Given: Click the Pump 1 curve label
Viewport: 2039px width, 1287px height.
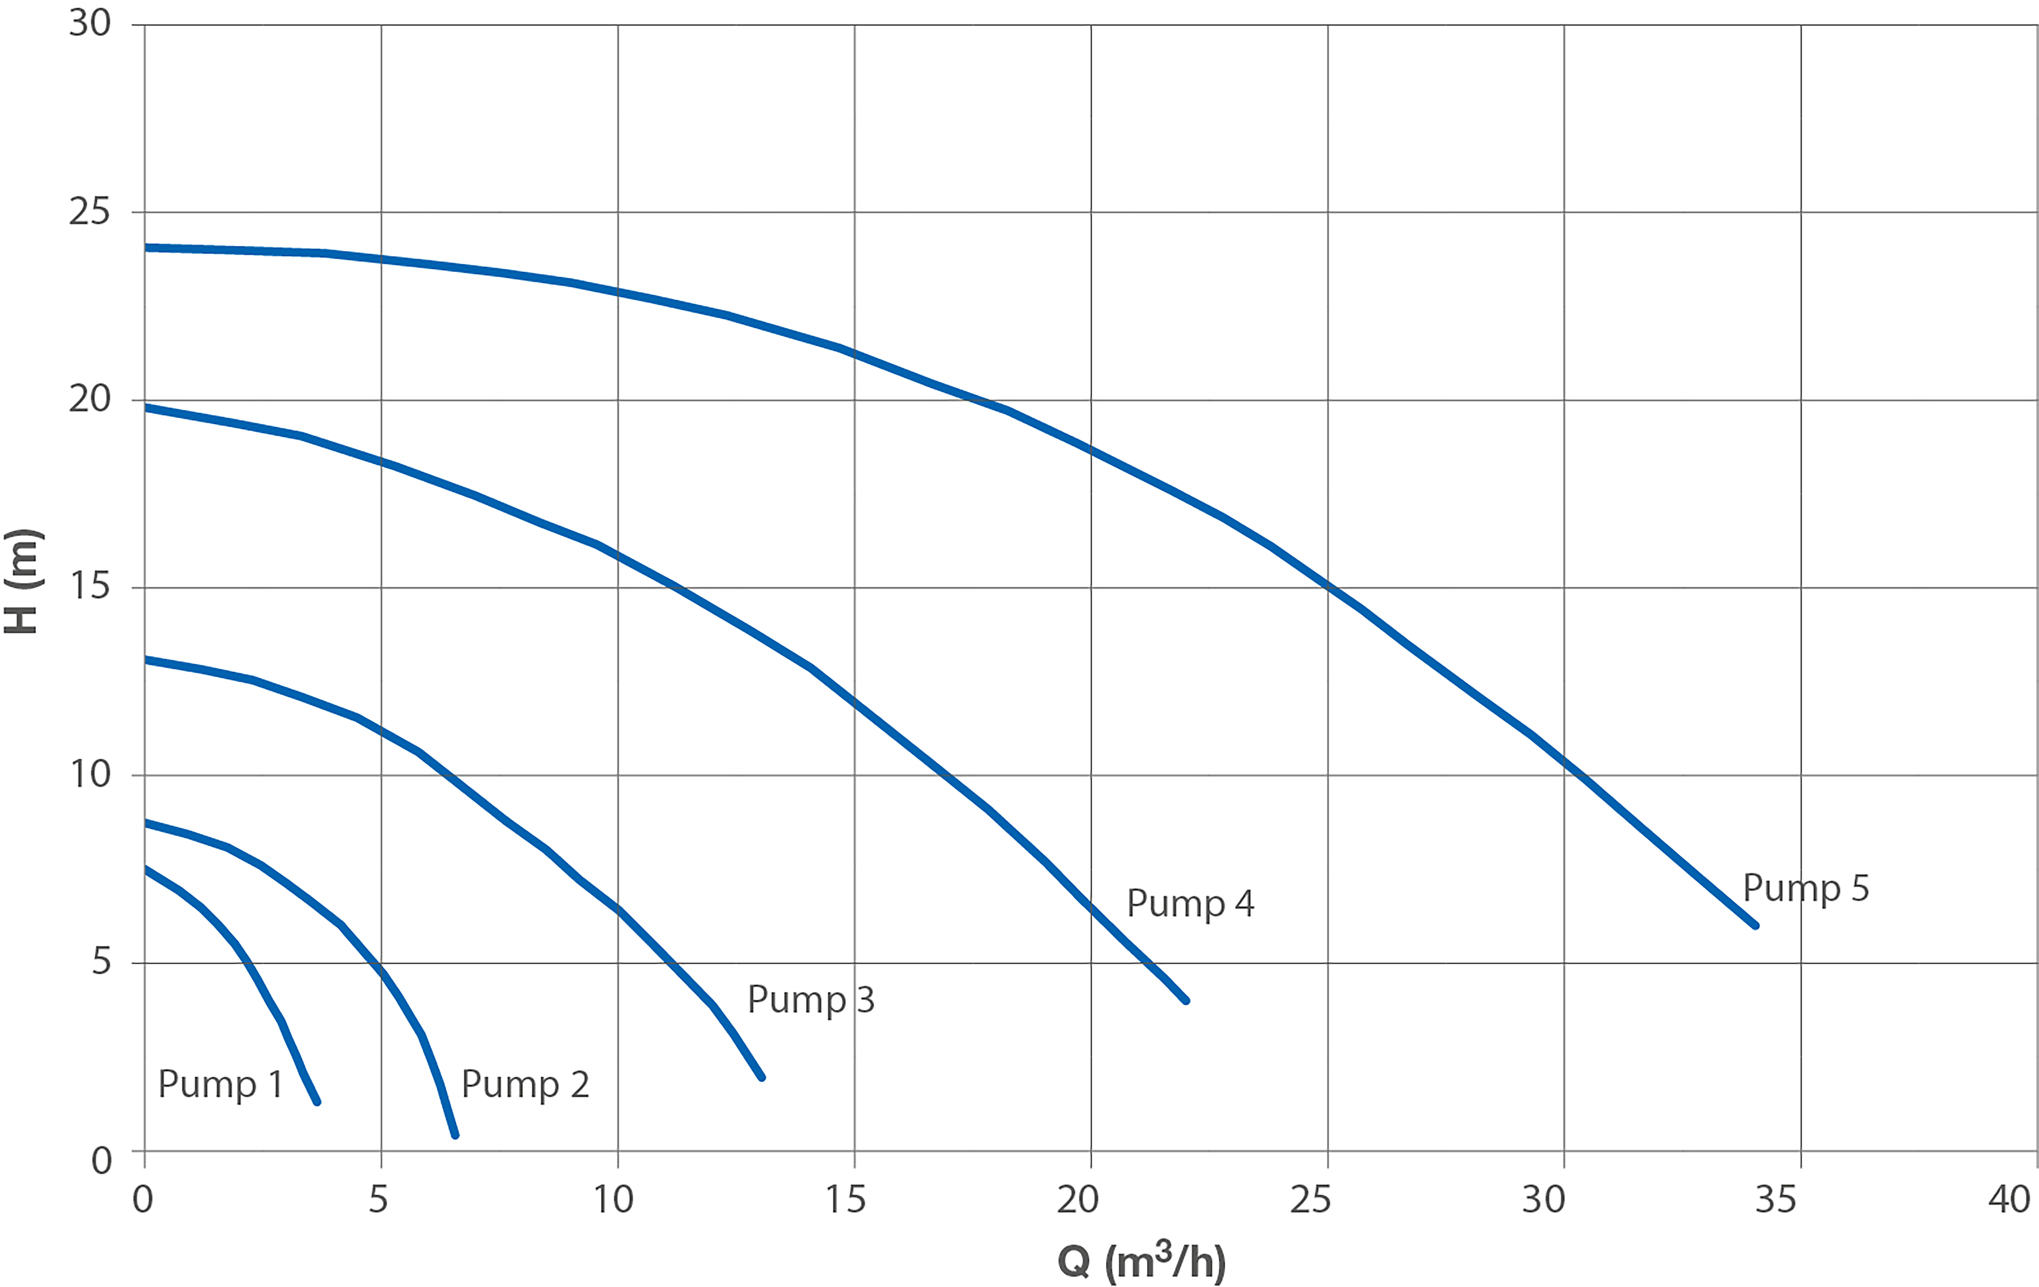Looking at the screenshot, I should coord(220,1085).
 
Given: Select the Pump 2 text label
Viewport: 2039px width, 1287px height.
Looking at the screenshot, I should coord(525,1085).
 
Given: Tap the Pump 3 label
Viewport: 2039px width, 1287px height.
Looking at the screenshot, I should coord(810,1000).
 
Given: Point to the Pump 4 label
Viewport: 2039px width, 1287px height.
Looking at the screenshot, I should coord(1190,903).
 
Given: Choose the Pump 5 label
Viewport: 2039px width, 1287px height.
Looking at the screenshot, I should coord(1805,888).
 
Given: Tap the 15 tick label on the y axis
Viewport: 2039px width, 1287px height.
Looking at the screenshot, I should coord(90,586).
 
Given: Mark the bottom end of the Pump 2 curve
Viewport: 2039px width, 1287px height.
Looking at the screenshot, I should coord(455,1135).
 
